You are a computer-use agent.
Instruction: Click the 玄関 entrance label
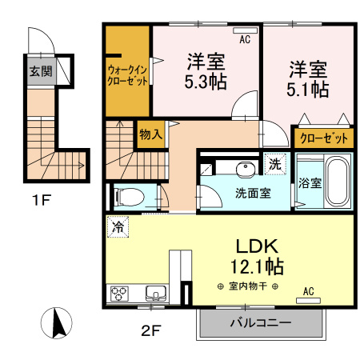pyautogui.click(x=41, y=71)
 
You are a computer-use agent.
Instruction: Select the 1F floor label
pyautogui.click(x=42, y=200)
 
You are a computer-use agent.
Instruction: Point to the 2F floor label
pyautogui.click(x=150, y=331)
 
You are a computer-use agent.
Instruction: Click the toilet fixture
pyautogui.click(x=129, y=198)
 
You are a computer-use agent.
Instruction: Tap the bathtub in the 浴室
pyautogui.click(x=338, y=181)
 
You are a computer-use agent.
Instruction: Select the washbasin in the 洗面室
pyautogui.click(x=246, y=170)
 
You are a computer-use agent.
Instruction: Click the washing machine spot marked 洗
pyautogui.click(x=275, y=164)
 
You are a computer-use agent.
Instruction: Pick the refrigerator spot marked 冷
pyautogui.click(x=118, y=227)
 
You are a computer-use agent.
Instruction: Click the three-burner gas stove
pyautogui.click(x=119, y=294)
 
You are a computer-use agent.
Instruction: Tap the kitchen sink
pyautogui.click(x=156, y=294)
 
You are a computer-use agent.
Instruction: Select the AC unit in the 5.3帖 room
pyautogui.click(x=245, y=30)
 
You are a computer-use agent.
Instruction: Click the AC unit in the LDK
pyautogui.click(x=308, y=301)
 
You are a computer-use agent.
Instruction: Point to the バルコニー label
pyautogui.click(x=261, y=323)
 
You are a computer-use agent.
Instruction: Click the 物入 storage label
pyautogui.click(x=151, y=134)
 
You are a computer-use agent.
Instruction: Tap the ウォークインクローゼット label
pyautogui.click(x=127, y=75)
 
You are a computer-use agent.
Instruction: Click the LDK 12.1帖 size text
pyautogui.click(x=257, y=266)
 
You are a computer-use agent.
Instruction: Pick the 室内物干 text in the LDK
pyautogui.click(x=248, y=286)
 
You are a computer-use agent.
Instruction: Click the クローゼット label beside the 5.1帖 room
pyautogui.click(x=324, y=138)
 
